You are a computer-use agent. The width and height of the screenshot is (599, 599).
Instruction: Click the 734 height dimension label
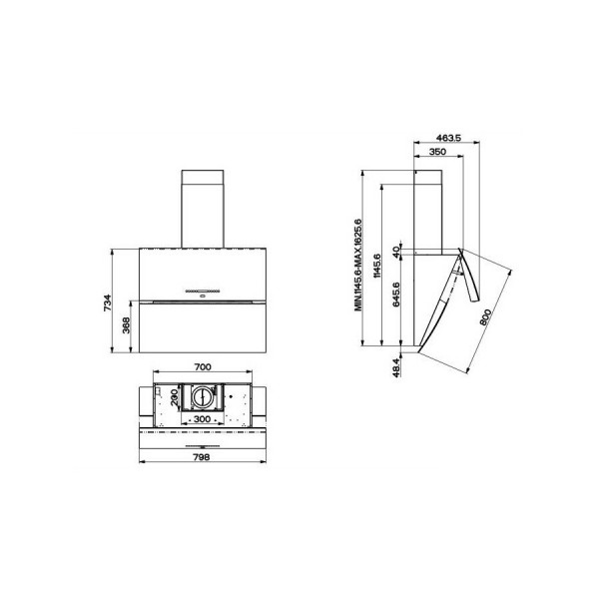pyautogui.click(x=108, y=302)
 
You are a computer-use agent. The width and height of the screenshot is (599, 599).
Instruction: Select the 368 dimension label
pyautogui.click(x=127, y=325)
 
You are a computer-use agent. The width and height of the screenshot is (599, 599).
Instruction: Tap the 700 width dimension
pyautogui.click(x=203, y=366)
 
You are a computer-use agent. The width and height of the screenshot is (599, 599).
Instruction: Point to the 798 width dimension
pyautogui.click(x=202, y=457)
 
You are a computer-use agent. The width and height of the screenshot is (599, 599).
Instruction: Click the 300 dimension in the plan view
pyautogui.click(x=202, y=419)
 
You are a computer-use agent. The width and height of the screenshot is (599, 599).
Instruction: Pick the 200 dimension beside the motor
pyautogui.click(x=174, y=397)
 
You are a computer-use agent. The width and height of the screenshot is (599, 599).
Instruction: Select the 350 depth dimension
pyautogui.click(x=437, y=152)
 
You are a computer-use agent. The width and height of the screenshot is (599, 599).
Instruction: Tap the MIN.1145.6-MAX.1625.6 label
pyautogui.click(x=357, y=266)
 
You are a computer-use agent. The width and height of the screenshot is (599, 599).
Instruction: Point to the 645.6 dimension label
pyautogui.click(x=395, y=295)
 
